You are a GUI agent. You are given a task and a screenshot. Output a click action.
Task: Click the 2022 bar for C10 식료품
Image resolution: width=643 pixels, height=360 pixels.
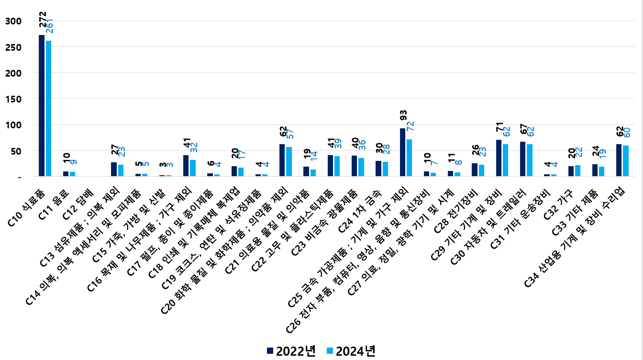(x=42, y=105)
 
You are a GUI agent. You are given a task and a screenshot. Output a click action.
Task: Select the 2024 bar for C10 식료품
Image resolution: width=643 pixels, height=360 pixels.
(x=48, y=108)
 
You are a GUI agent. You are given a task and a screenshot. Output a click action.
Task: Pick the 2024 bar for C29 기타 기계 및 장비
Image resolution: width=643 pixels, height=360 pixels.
(x=505, y=160)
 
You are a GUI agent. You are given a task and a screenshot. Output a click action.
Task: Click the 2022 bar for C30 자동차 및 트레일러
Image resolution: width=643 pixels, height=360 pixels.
(x=523, y=159)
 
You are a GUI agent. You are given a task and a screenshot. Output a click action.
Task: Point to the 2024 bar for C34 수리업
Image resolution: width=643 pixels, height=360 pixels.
(x=625, y=161)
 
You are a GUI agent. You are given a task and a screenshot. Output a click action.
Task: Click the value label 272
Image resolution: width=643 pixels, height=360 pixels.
(x=43, y=20)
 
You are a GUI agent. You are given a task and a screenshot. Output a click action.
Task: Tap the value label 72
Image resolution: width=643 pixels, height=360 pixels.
(x=410, y=126)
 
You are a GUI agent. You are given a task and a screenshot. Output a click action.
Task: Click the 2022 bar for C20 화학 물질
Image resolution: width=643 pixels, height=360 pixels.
(x=282, y=160)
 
